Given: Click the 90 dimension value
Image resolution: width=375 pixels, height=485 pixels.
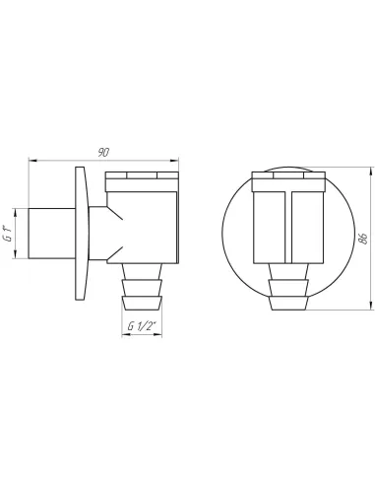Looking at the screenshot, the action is click(x=103, y=153).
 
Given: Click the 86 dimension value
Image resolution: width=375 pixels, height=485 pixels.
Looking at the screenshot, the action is click(x=362, y=239).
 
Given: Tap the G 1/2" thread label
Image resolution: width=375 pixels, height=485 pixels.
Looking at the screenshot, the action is click(x=142, y=326).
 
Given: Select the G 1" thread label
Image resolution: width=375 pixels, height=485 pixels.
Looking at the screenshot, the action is click(x=9, y=234).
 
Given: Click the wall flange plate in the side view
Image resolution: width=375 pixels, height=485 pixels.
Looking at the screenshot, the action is click(x=82, y=234).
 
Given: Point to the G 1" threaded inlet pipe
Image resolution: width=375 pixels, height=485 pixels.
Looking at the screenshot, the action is click(x=51, y=234).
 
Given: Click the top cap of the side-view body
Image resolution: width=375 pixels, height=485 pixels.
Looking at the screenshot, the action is click(x=142, y=181).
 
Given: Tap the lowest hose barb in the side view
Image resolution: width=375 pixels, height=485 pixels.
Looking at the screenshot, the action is click(x=142, y=304).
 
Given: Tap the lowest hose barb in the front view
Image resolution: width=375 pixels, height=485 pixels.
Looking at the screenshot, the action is click(x=288, y=304).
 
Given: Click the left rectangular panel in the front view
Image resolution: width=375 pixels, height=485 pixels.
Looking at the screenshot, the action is click(x=270, y=227).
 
